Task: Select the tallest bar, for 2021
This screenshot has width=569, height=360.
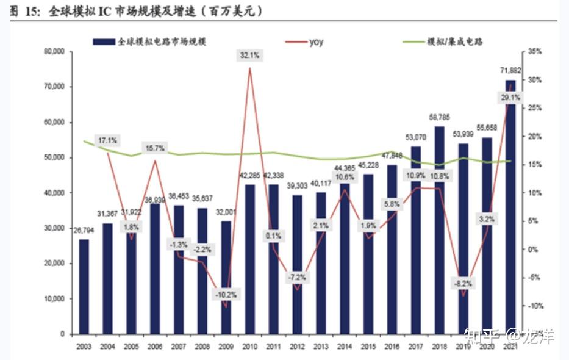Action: [510, 207]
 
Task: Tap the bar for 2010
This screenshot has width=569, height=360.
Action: [250, 259]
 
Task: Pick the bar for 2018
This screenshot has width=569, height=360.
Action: [438, 230]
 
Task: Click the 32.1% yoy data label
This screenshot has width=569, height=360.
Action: [250, 56]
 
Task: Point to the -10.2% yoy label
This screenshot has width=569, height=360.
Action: [226, 294]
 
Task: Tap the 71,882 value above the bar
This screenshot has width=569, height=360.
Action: [510, 71]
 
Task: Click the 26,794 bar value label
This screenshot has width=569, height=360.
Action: [84, 231]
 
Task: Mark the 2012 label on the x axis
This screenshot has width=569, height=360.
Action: [297, 347]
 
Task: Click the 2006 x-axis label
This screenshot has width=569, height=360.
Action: [155, 347]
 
